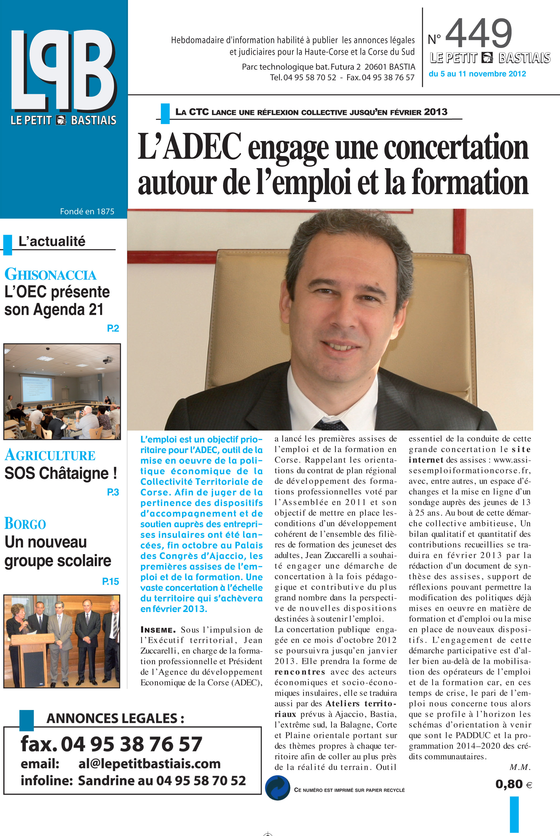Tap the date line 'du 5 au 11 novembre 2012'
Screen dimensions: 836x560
[477, 74]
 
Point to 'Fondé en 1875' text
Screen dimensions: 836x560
[87, 211]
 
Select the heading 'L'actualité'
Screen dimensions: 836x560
[52, 242]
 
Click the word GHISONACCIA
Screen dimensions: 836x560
[50, 275]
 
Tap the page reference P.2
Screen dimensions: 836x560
[113, 328]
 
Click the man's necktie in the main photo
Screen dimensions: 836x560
[330, 425]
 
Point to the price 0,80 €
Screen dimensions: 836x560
[513, 784]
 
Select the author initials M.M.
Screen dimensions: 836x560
[520, 767]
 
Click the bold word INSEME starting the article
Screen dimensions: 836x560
[158, 630]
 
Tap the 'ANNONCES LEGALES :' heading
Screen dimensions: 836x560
[115, 718]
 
